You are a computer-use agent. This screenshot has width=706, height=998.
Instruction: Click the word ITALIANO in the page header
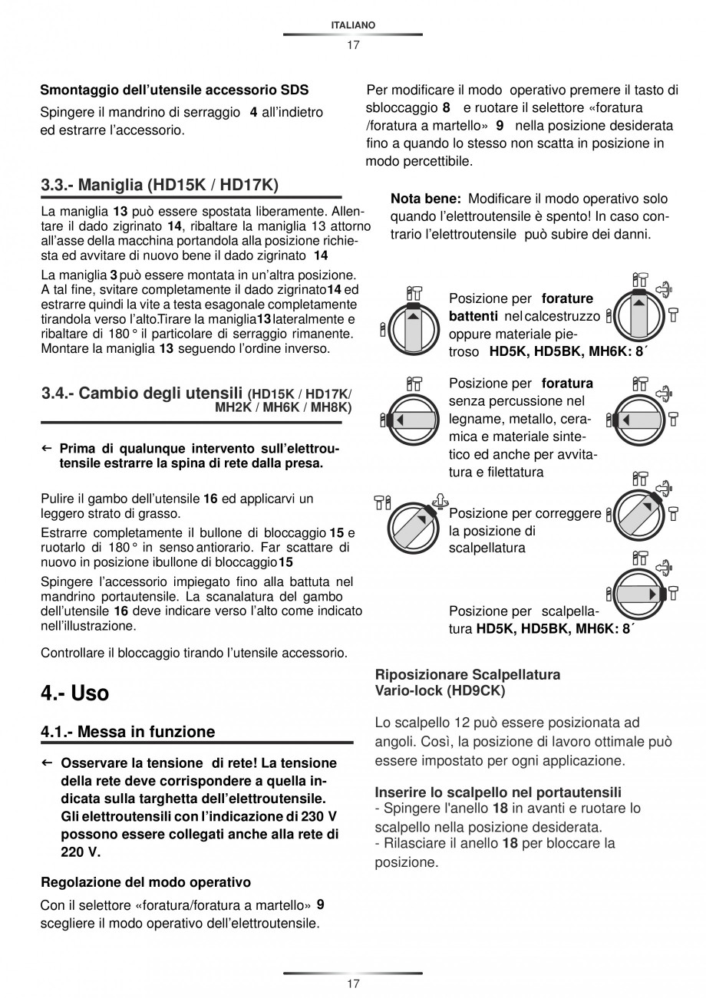pyautogui.click(x=353, y=25)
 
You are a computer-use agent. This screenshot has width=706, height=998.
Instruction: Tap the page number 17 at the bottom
pyautogui.click(x=353, y=984)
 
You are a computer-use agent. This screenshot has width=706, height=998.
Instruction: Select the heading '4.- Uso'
pyautogui.click(x=75, y=693)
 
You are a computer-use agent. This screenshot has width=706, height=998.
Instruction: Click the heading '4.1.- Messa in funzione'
pyautogui.click(x=128, y=732)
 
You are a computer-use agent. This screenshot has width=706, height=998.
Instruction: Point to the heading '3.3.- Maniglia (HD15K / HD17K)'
pyautogui.click(x=160, y=185)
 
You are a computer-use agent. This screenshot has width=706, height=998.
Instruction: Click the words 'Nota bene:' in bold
pyautogui.click(x=426, y=199)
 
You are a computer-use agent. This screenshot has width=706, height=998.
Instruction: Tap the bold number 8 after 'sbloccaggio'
pyautogui.click(x=446, y=107)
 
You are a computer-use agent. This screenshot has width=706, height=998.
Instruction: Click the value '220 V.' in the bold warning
pyautogui.click(x=81, y=851)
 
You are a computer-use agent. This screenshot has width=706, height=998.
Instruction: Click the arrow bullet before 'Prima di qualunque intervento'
pyautogui.click(x=47, y=448)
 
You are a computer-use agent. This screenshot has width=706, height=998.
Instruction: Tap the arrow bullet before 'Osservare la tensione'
pyautogui.click(x=47, y=763)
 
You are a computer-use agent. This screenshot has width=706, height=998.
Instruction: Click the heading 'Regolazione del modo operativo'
pyautogui.click(x=146, y=881)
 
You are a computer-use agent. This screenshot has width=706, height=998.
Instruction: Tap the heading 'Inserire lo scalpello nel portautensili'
pyautogui.click(x=498, y=792)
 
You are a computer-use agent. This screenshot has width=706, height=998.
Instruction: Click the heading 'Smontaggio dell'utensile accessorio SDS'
pyautogui.click(x=174, y=91)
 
